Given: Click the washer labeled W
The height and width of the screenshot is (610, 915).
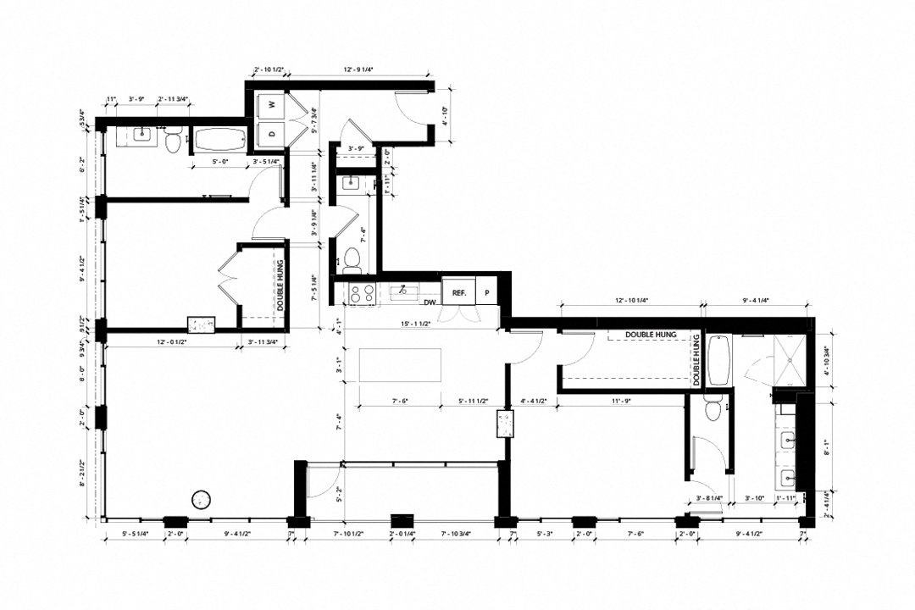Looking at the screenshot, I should click(271, 104).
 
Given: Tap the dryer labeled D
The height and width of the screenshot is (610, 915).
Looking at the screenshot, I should click(271, 132).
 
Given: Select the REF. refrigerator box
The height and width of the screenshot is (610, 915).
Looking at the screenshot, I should click(459, 291).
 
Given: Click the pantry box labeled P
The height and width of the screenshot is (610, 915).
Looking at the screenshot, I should click(487, 291).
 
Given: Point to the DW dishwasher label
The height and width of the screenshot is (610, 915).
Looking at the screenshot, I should click(430, 302).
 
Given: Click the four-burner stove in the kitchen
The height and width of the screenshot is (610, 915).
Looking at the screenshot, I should click(363, 293).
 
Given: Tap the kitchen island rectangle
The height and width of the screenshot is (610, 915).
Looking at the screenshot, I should click(400, 365).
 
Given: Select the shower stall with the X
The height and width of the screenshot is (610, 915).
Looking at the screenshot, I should click(791, 359).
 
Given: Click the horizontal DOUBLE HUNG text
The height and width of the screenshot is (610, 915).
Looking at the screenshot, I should click(651, 335).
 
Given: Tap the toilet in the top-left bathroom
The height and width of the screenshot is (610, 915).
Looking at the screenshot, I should click(174, 143).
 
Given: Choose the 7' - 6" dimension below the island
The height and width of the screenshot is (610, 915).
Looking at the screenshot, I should click(402, 402).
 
